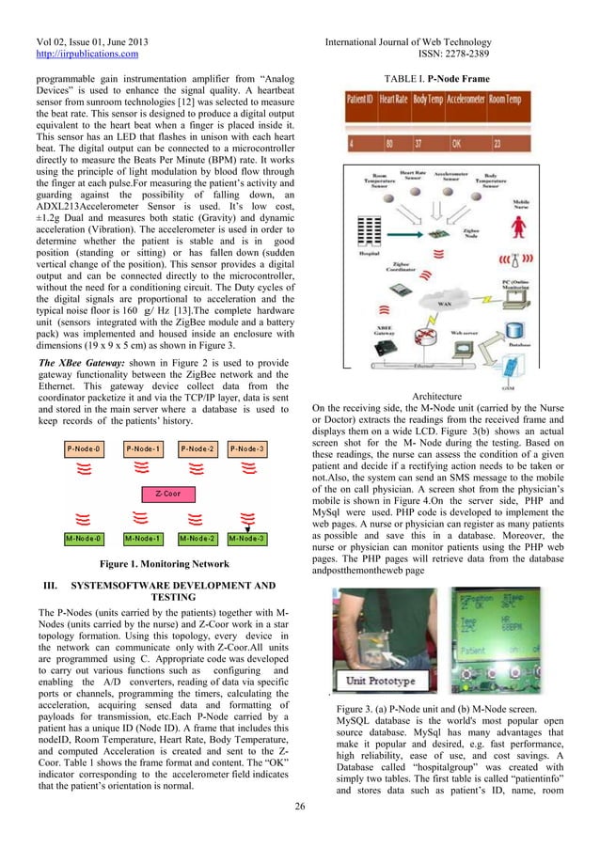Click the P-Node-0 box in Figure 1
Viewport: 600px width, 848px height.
click(85, 448)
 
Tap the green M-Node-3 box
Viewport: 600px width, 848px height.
click(247, 539)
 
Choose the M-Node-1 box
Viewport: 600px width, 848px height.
click(143, 539)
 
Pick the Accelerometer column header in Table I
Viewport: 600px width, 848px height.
click(464, 99)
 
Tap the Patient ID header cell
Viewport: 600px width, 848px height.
click(357, 99)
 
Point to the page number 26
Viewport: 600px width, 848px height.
click(299, 807)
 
